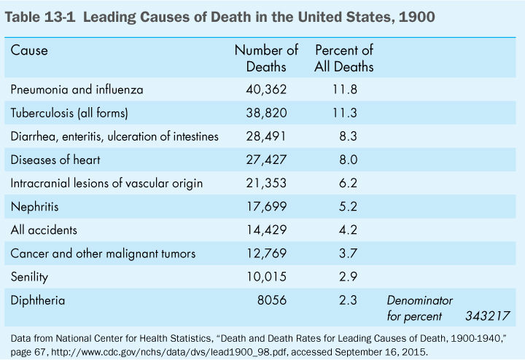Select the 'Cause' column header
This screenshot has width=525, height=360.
click(29, 51)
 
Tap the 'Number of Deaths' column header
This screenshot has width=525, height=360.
click(266, 58)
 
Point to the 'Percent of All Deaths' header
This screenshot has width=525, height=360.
click(344, 58)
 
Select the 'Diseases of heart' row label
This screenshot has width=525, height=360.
click(55, 160)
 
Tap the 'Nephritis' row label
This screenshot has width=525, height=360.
click(35, 206)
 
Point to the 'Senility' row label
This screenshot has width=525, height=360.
click(31, 276)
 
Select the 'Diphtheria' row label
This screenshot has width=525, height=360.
click(38, 300)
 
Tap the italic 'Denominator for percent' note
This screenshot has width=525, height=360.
click(419, 308)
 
